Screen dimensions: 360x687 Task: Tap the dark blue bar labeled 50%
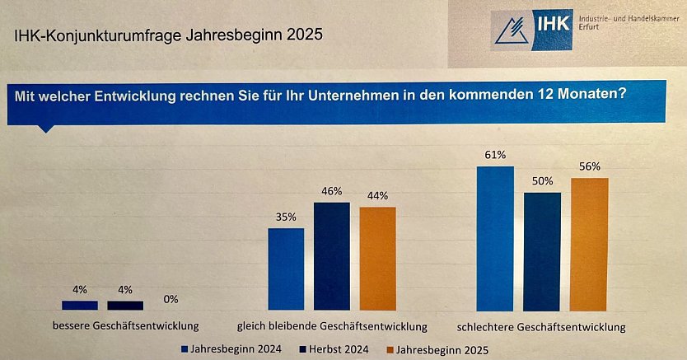tap(542, 250)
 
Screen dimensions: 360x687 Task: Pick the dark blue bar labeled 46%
tap(332, 255)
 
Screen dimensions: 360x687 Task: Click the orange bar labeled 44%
tap(378, 258)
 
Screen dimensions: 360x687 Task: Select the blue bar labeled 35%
tap(286, 268)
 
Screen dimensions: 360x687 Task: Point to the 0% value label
tap(171, 299)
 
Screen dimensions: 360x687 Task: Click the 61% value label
tap(495, 155)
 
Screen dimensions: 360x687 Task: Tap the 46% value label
tap(332, 191)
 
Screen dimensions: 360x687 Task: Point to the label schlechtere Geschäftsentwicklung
tap(542, 325)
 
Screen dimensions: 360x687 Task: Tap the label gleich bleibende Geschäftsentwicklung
tap(332, 325)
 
